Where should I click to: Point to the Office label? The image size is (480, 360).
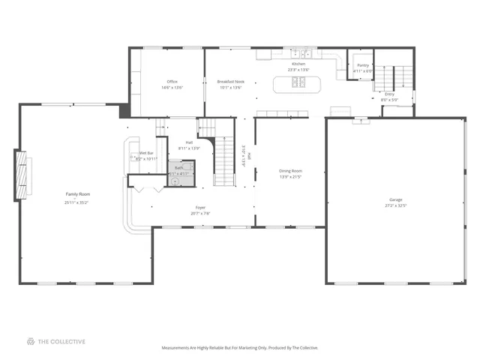pos(172,81)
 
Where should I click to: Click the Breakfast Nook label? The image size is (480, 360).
pos(230,81)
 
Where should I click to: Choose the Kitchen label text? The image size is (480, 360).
pos(298,64)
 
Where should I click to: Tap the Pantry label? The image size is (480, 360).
pos(363,65)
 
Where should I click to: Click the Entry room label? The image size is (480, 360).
pos(389,94)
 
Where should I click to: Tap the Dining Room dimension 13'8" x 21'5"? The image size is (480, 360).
pos(290,178)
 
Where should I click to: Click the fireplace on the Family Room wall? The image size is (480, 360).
pos(22,175)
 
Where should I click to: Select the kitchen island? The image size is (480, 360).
pos(298,83)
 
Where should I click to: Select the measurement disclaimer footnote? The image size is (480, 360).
pos(239,348)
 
